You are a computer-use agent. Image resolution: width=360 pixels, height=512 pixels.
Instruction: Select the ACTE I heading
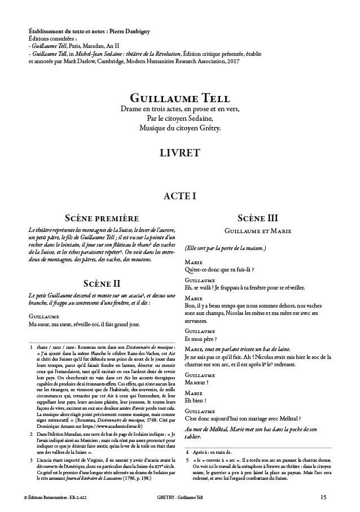(179, 196)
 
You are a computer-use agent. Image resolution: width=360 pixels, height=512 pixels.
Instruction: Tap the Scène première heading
(102, 218)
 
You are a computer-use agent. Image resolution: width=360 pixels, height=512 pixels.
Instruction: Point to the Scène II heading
(102, 283)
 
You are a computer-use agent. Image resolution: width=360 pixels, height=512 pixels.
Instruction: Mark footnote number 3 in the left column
(32, 461)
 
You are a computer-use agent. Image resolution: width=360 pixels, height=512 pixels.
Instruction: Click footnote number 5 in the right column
(187, 460)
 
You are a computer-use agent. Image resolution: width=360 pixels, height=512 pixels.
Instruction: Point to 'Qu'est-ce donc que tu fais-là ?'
(219, 270)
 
